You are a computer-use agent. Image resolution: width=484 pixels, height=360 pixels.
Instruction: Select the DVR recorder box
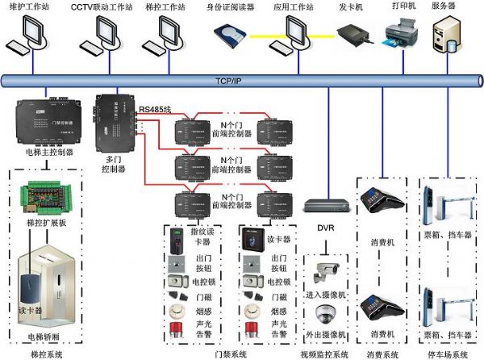(x=325, y=206)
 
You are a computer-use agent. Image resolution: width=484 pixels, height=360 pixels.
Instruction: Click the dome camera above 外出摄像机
(x=326, y=313)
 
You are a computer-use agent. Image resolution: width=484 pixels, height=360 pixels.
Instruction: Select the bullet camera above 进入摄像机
(x=326, y=272)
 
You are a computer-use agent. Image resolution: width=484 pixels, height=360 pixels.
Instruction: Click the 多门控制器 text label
(x=113, y=165)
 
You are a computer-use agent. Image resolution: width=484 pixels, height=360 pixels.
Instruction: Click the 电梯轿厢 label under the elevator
(x=44, y=336)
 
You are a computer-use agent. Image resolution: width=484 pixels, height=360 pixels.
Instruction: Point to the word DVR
(x=325, y=228)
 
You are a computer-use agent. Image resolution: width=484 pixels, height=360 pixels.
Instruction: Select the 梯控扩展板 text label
(x=43, y=221)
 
